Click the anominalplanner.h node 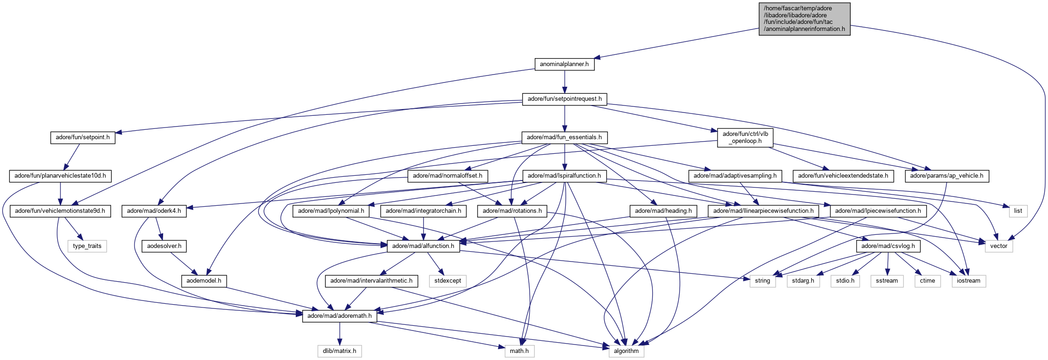[564, 64]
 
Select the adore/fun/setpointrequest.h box [564, 99]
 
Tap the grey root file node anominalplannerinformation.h [804, 19]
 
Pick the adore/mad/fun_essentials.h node [564, 137]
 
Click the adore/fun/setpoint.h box [82, 137]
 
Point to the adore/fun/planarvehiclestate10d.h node [60, 176]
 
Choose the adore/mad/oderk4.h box [154, 211]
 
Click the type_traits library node [87, 246]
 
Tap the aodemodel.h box [204, 281]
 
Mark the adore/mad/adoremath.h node [339, 316]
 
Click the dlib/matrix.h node [339, 351]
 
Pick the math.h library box [519, 351]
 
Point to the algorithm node [626, 351]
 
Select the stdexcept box [448, 281]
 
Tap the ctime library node [927, 281]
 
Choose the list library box [1018, 211]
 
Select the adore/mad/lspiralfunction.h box [564, 176]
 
